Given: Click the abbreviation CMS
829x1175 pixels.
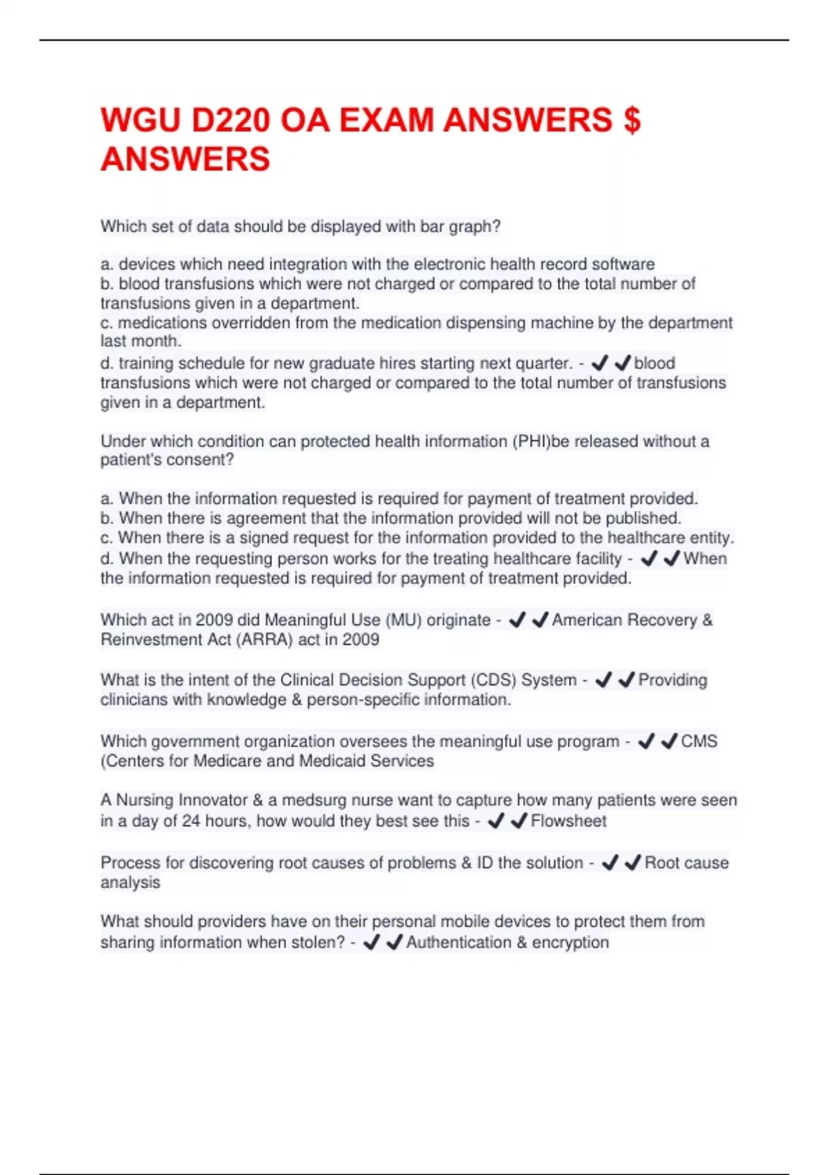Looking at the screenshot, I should click(699, 742).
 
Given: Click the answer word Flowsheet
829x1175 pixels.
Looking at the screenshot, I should click(569, 821).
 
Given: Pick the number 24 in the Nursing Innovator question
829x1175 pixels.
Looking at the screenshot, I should click(191, 821).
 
